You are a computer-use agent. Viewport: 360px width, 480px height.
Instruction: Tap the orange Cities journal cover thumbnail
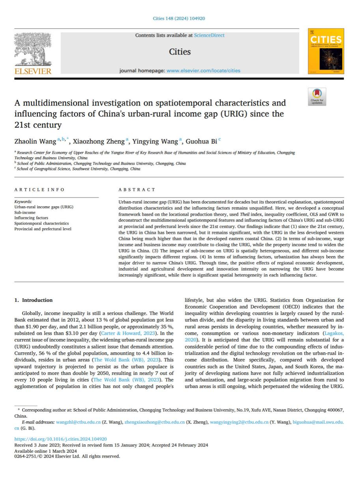point(326,51)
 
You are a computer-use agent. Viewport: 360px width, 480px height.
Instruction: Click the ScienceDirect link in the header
point(209,35)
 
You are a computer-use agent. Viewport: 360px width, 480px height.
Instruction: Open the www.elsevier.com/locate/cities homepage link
point(203,71)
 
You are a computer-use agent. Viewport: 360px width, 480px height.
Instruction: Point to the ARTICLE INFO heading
point(39,190)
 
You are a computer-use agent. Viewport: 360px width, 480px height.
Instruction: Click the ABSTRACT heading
point(137,190)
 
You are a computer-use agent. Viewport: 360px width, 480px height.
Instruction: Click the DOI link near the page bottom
point(60,439)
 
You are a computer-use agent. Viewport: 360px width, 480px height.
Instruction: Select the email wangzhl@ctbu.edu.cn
point(78,422)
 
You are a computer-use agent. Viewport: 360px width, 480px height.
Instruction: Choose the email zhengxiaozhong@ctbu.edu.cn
point(154,422)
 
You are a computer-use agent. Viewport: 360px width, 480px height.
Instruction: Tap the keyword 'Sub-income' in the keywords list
point(25,212)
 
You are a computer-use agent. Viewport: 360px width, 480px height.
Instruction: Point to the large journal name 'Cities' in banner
point(180,52)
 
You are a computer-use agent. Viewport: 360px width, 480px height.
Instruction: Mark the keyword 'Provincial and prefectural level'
point(43,229)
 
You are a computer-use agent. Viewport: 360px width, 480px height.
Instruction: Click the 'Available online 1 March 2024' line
point(45,451)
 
